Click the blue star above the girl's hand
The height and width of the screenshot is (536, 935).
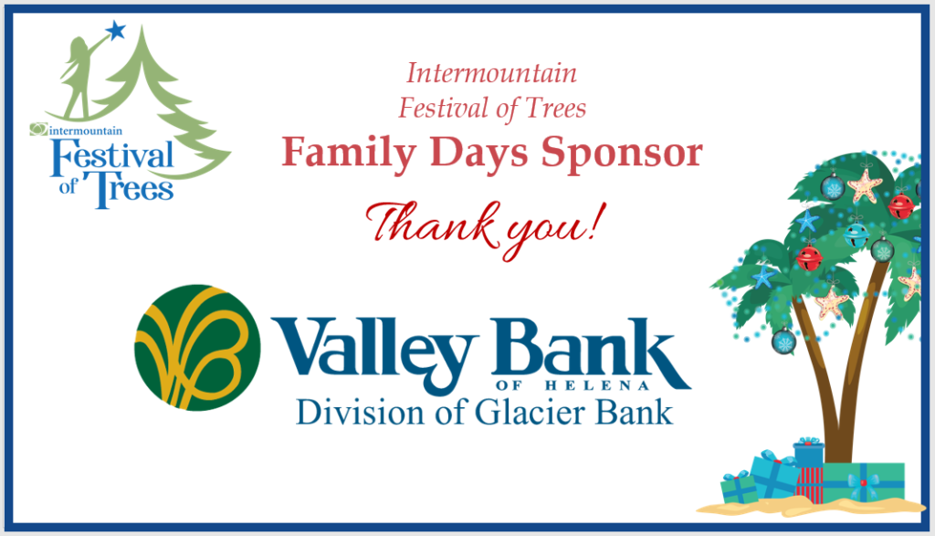click(115, 30)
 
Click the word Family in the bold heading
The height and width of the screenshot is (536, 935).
click(348, 153)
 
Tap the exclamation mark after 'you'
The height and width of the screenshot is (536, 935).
click(597, 222)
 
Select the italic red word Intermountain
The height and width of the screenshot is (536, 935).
click(492, 73)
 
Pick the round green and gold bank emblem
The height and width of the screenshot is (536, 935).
click(197, 348)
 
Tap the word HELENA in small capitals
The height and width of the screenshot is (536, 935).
click(597, 385)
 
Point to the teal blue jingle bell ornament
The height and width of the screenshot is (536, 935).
click(856, 235)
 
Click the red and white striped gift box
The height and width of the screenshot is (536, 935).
click(809, 484)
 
